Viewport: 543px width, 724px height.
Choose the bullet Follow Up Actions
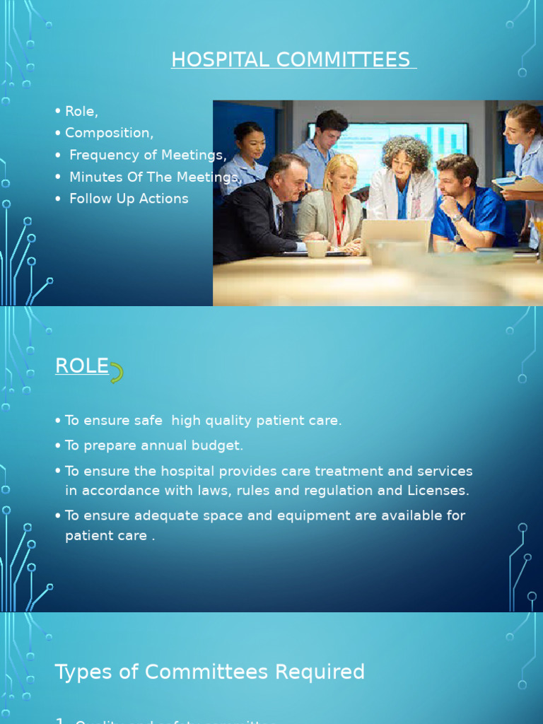tap(129, 199)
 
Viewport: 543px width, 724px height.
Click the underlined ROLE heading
tap(82, 366)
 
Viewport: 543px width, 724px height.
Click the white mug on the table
tap(316, 248)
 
